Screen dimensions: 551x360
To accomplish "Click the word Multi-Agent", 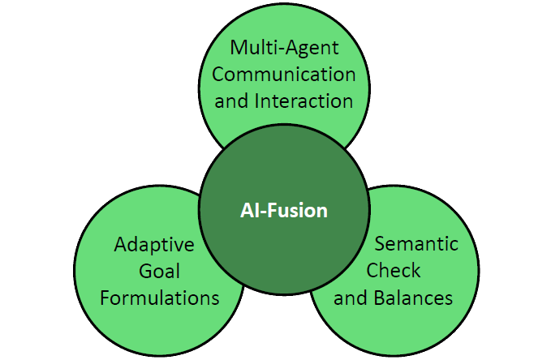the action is tap(284, 49).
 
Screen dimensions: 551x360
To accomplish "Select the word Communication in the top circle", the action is tap(283, 75).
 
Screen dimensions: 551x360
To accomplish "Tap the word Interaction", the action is tap(303, 101).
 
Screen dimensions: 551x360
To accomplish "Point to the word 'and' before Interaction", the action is tap(231, 101).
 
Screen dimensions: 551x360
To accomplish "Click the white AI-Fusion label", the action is tap(284, 210).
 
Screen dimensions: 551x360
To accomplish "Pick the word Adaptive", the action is tap(154, 245).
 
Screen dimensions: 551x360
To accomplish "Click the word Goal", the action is tap(159, 271).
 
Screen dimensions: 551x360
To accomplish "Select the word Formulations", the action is tap(160, 298).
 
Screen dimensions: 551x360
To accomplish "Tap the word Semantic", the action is tap(416, 244).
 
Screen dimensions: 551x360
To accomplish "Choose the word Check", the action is tap(394, 271).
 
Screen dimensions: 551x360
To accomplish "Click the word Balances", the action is tap(413, 298).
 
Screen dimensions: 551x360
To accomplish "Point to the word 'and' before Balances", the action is tap(351, 298).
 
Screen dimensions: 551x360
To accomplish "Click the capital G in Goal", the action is tap(146, 271).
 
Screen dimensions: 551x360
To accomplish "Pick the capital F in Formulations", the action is tap(105, 298).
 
